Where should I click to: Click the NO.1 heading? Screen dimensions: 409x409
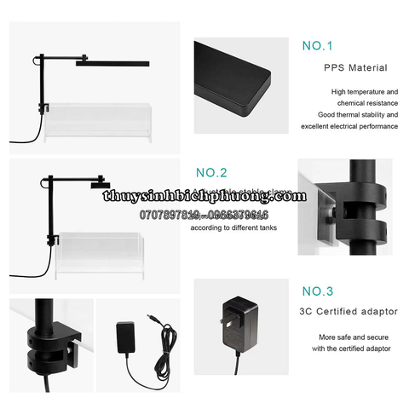coord(318,45)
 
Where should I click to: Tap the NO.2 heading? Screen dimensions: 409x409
coord(212,171)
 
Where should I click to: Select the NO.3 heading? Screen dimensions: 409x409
coord(319,289)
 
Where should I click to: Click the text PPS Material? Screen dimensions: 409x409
coord(355,67)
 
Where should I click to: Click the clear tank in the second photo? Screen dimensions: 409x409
coord(98,256)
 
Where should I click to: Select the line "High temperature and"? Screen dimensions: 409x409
coord(364,91)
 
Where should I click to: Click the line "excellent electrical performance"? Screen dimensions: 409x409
coord(349,126)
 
